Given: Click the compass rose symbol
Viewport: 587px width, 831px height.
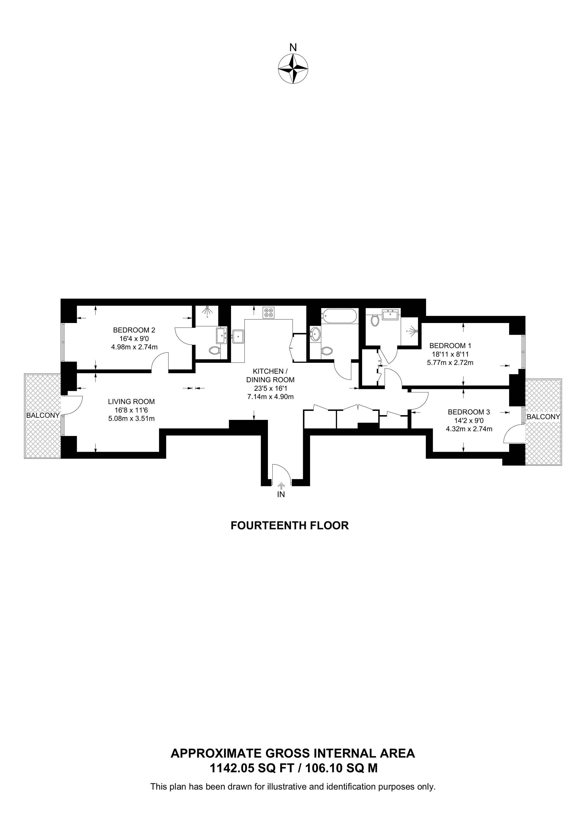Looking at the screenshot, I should click(293, 69).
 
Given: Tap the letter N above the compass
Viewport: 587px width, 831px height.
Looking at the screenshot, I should click(293, 48).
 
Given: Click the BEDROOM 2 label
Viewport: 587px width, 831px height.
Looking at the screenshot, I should click(134, 330).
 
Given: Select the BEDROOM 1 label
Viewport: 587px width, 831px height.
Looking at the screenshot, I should click(450, 346).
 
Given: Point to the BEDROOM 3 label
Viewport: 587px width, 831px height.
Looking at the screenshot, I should click(469, 412).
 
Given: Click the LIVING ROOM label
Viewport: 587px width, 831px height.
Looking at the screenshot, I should click(131, 401).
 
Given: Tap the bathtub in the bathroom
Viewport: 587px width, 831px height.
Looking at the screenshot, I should click(339, 316).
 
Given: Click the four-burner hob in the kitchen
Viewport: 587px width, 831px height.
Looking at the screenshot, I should click(268, 312).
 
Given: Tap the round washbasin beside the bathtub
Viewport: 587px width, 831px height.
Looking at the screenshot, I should click(315, 333).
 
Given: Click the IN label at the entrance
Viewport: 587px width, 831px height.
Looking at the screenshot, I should click(281, 494).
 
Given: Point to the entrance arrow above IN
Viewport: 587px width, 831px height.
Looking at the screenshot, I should click(281, 486).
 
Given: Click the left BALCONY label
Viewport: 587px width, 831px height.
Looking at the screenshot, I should click(43, 415).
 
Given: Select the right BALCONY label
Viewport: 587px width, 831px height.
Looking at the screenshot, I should click(543, 417).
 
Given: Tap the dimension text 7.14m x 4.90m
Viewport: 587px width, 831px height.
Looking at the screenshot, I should click(270, 396).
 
